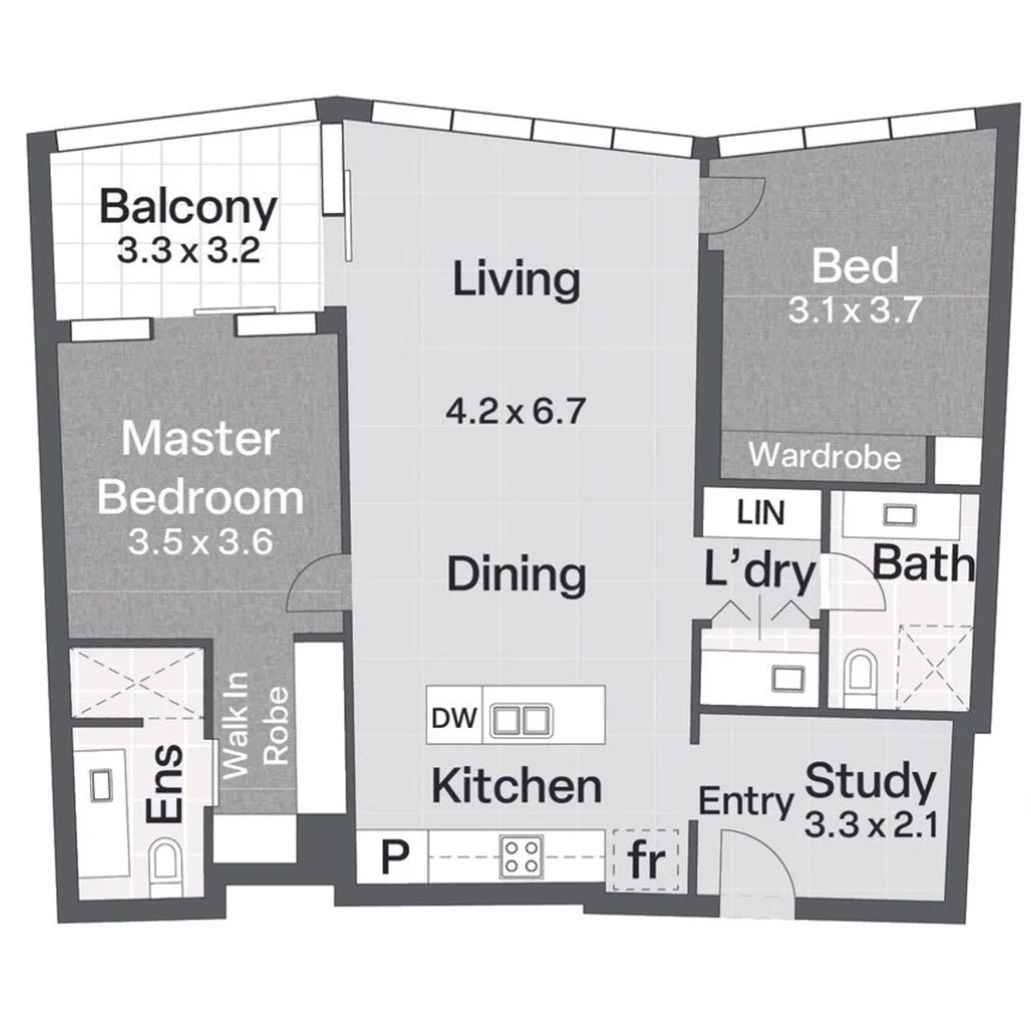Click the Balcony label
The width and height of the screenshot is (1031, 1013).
[188, 207]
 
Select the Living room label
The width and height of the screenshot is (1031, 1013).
[515, 280]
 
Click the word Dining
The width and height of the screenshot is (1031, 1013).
[516, 573]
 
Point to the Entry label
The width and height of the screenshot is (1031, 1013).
[746, 802]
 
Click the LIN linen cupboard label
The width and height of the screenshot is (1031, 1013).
[761, 513]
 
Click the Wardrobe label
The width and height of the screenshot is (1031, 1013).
[825, 458]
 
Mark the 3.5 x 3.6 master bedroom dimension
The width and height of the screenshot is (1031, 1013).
[201, 543]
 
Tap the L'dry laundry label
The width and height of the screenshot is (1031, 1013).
[760, 572]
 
